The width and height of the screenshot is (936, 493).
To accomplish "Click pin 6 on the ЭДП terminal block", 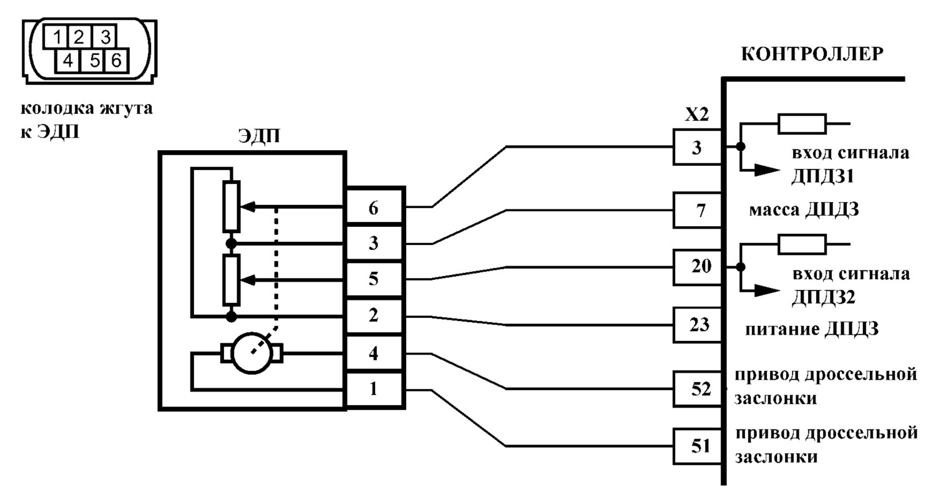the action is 374,208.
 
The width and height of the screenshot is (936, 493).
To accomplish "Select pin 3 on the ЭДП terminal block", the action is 374,243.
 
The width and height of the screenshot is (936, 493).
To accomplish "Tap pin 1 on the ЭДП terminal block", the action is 374,389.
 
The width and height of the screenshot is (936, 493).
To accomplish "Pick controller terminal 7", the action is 698,211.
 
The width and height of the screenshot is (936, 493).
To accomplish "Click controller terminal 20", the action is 698,267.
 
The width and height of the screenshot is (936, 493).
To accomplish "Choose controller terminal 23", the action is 698,325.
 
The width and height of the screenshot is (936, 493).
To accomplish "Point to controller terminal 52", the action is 698,389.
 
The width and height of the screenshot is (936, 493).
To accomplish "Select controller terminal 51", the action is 698,446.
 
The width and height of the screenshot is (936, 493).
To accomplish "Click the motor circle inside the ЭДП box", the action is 252,353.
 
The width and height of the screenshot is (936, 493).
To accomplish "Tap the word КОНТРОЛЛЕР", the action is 812,54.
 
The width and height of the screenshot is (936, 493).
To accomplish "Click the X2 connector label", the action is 697,115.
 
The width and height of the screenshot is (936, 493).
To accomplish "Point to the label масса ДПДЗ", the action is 804,209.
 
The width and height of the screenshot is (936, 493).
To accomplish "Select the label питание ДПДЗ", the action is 812,329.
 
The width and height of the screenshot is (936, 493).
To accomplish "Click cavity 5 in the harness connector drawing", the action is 95,61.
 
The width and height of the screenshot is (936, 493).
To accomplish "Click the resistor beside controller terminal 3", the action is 802,123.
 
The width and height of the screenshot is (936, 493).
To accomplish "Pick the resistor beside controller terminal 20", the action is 802,244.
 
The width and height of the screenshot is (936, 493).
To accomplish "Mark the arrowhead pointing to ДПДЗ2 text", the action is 767,290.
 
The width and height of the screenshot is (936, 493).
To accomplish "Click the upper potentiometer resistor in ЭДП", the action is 231,207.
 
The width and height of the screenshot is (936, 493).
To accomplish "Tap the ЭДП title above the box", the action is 259,136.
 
